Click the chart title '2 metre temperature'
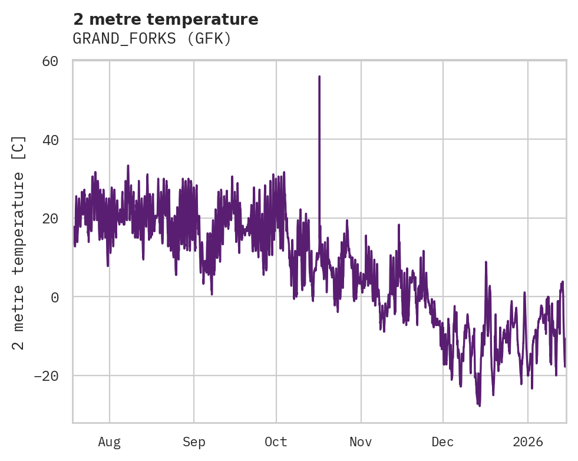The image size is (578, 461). click(x=166, y=19)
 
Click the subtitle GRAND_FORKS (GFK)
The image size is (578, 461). click(x=151, y=39)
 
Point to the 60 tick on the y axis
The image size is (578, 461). click(x=50, y=61)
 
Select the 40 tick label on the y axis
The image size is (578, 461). click(x=50, y=140)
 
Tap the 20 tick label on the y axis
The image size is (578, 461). click(x=50, y=218)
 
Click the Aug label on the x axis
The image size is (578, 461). click(x=110, y=442)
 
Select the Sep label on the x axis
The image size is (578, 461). click(x=193, y=442)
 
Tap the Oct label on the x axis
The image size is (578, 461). click(x=276, y=442)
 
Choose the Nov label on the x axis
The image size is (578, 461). click(x=361, y=442)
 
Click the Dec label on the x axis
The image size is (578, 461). click(x=442, y=442)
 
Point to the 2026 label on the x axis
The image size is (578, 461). click(x=527, y=442)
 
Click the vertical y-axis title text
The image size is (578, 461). click(x=19, y=242)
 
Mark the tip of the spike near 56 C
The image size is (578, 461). click(x=319, y=77)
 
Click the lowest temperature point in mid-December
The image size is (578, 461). click(x=479, y=406)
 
